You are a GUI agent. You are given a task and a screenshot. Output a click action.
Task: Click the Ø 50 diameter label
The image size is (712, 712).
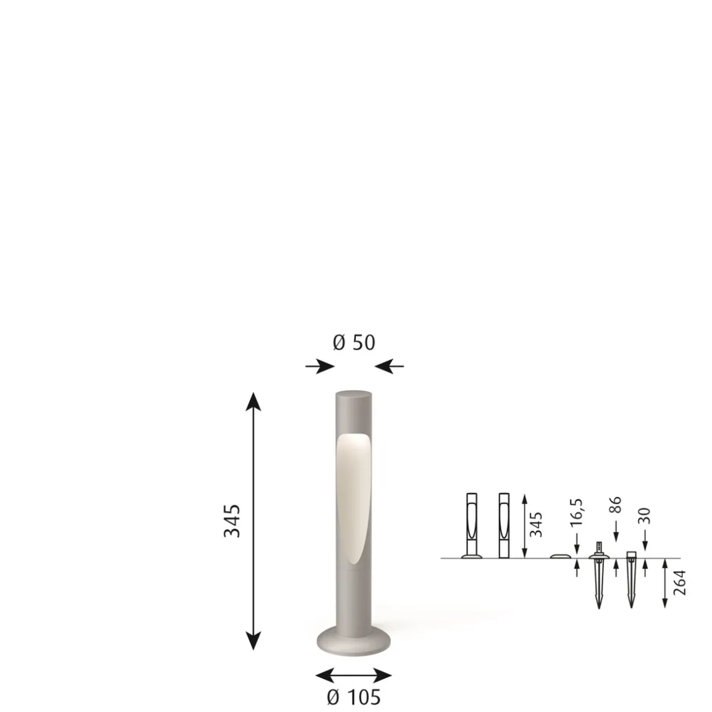pos(354,343)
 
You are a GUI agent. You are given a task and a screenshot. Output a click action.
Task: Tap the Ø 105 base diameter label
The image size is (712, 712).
pos(354,697)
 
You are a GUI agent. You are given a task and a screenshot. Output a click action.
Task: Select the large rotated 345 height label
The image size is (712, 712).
pos(232,521)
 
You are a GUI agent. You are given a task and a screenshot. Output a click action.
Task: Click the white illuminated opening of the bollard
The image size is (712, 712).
pos(353,496)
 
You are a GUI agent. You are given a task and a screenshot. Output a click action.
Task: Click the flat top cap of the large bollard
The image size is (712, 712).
pos(354,394)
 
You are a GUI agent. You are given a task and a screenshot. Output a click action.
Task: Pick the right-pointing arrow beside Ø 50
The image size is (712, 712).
pos(320,366)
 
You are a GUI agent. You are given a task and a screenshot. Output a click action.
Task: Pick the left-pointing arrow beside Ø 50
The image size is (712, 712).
pos(389,366)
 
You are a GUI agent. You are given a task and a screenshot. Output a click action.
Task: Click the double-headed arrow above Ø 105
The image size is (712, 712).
pos(354,675)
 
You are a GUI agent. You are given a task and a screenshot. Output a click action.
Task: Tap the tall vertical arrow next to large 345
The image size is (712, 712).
pos(254,521)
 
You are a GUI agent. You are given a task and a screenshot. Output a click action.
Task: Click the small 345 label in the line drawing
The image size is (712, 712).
pos(537,524)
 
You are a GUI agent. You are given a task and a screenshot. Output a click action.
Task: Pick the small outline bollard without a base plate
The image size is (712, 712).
pos(504,525)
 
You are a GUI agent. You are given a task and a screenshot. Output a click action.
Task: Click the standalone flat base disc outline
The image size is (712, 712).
pos(560,556)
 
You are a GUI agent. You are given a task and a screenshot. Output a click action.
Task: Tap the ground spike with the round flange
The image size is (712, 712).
pos(599,575)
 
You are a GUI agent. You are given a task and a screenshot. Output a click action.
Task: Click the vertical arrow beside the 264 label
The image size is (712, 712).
pos(664,583)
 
